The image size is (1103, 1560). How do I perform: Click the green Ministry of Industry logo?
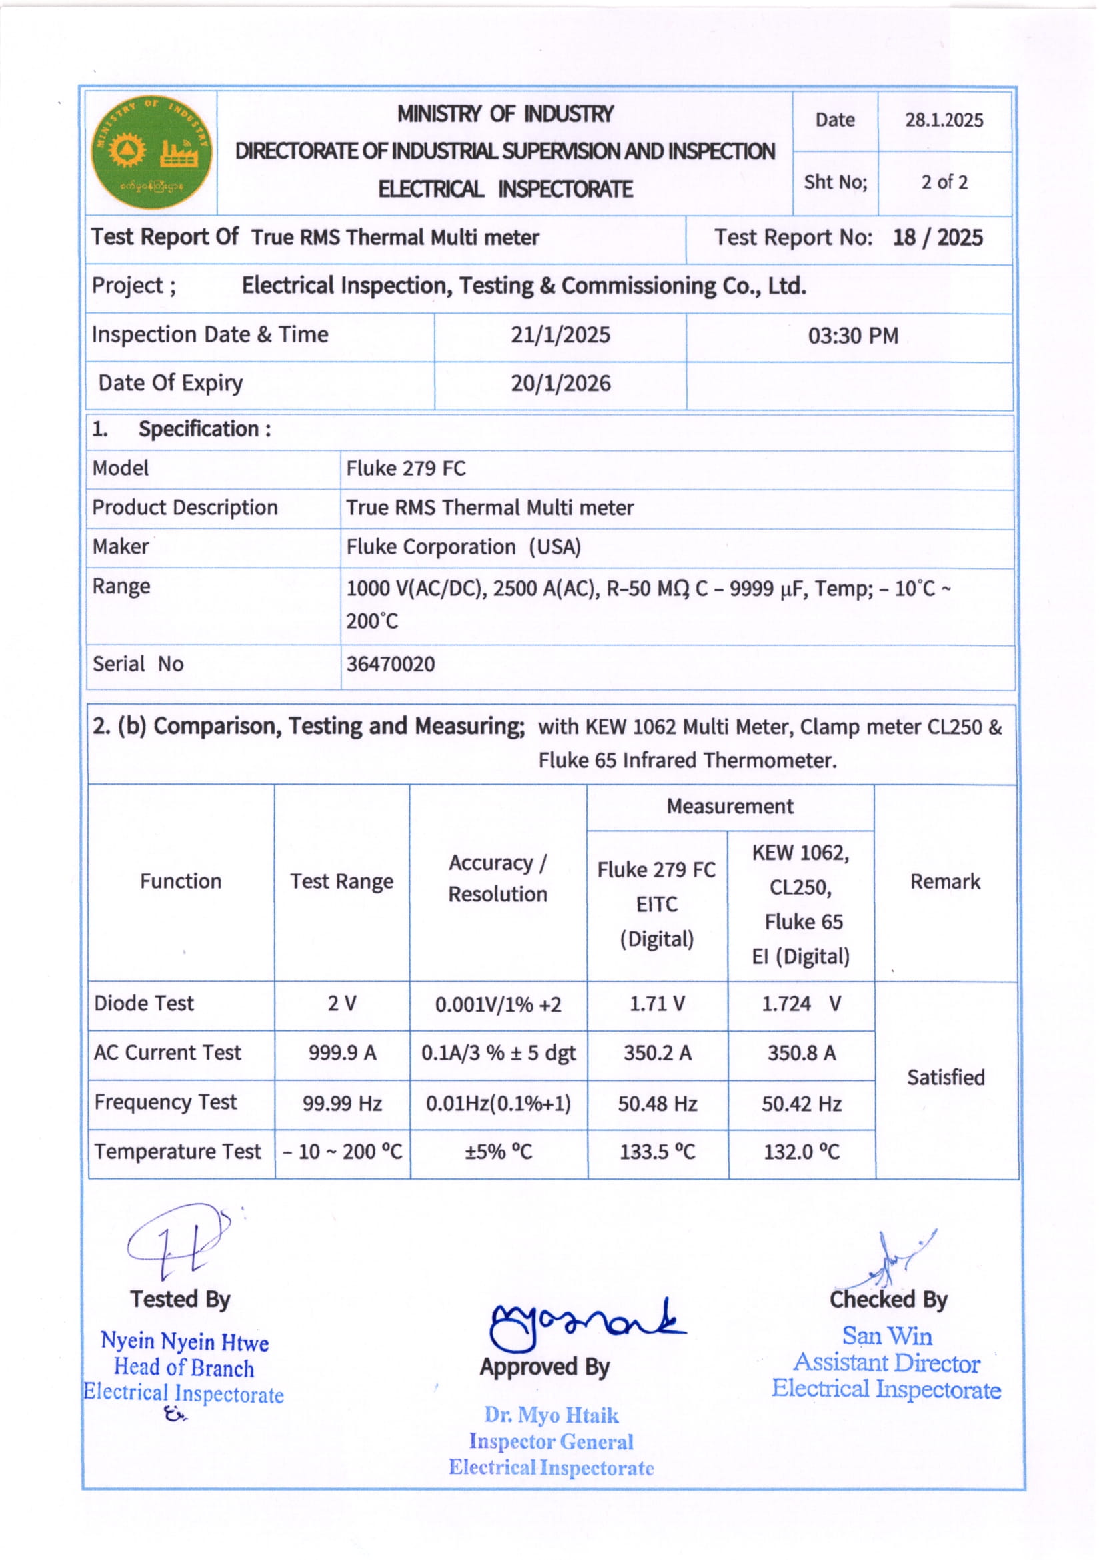(x=151, y=151)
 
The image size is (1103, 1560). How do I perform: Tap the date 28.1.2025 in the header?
(x=944, y=120)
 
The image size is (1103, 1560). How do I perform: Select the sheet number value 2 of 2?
(x=944, y=182)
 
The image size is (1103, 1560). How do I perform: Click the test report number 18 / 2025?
(x=937, y=238)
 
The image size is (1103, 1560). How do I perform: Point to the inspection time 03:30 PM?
(x=852, y=336)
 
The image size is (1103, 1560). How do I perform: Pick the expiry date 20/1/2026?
(x=560, y=384)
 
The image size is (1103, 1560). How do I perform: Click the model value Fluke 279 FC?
(x=405, y=469)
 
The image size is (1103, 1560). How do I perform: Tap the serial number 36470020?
(x=391, y=664)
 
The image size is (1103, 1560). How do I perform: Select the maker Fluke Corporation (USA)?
(x=463, y=547)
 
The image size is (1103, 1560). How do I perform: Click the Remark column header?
(x=945, y=882)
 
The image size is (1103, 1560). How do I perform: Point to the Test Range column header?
(x=341, y=882)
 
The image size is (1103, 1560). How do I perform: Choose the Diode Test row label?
(x=144, y=1004)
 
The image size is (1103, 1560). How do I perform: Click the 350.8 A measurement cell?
(x=802, y=1053)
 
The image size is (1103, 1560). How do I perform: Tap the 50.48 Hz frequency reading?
(x=657, y=1104)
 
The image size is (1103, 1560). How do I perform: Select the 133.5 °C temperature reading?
(x=657, y=1152)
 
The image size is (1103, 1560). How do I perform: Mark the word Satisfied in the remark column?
(x=946, y=1078)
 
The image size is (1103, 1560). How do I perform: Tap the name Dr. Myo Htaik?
(x=551, y=1415)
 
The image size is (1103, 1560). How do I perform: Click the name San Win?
(x=887, y=1336)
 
